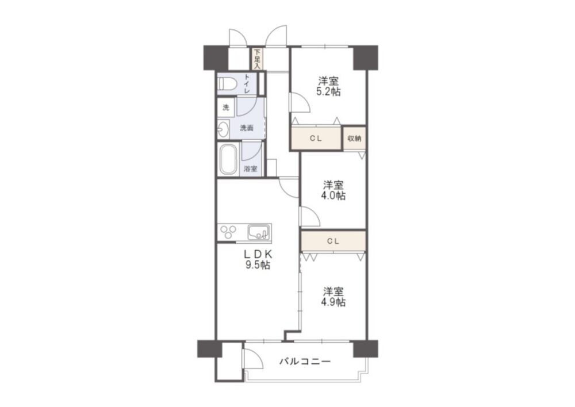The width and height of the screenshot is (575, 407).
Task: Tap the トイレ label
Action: (247, 83)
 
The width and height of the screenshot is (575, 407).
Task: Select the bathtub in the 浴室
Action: (228, 159)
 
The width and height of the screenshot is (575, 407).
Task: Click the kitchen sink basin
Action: (259, 232)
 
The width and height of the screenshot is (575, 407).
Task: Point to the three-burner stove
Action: (228, 232)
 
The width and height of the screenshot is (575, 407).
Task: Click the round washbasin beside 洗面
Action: (223, 129)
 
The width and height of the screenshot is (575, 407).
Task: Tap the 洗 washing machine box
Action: (226, 107)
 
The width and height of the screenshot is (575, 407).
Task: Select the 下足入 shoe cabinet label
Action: (257, 59)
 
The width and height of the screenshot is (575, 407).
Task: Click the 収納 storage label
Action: (354, 138)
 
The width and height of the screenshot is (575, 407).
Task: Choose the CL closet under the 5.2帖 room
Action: (316, 138)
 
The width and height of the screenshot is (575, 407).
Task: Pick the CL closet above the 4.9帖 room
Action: (333, 241)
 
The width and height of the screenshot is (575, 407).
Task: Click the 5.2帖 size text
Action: (328, 91)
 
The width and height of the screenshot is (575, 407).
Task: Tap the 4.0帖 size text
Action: (333, 195)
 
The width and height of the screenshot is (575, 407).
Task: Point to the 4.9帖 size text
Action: (333, 302)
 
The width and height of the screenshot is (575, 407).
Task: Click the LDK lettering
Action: (258, 254)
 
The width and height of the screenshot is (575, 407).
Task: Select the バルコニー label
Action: (305, 362)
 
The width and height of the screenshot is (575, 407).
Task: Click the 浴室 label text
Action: (251, 169)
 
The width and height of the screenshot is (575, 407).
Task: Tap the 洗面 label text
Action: (247, 128)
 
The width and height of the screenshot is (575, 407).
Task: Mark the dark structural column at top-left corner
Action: (216, 57)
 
